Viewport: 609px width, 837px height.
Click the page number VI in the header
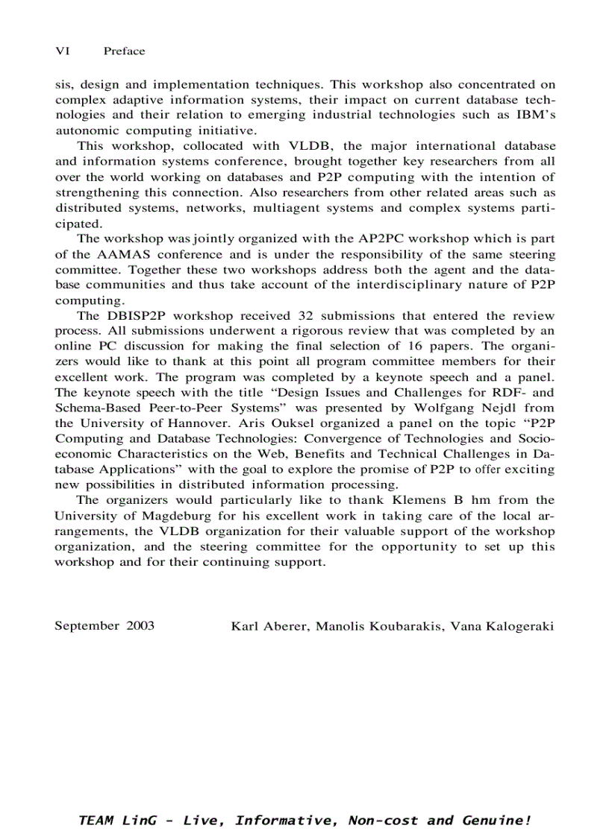coord(62,51)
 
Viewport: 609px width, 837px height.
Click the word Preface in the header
coord(124,51)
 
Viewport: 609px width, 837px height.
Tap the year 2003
coord(140,626)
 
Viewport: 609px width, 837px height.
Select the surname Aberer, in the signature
coord(287,626)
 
